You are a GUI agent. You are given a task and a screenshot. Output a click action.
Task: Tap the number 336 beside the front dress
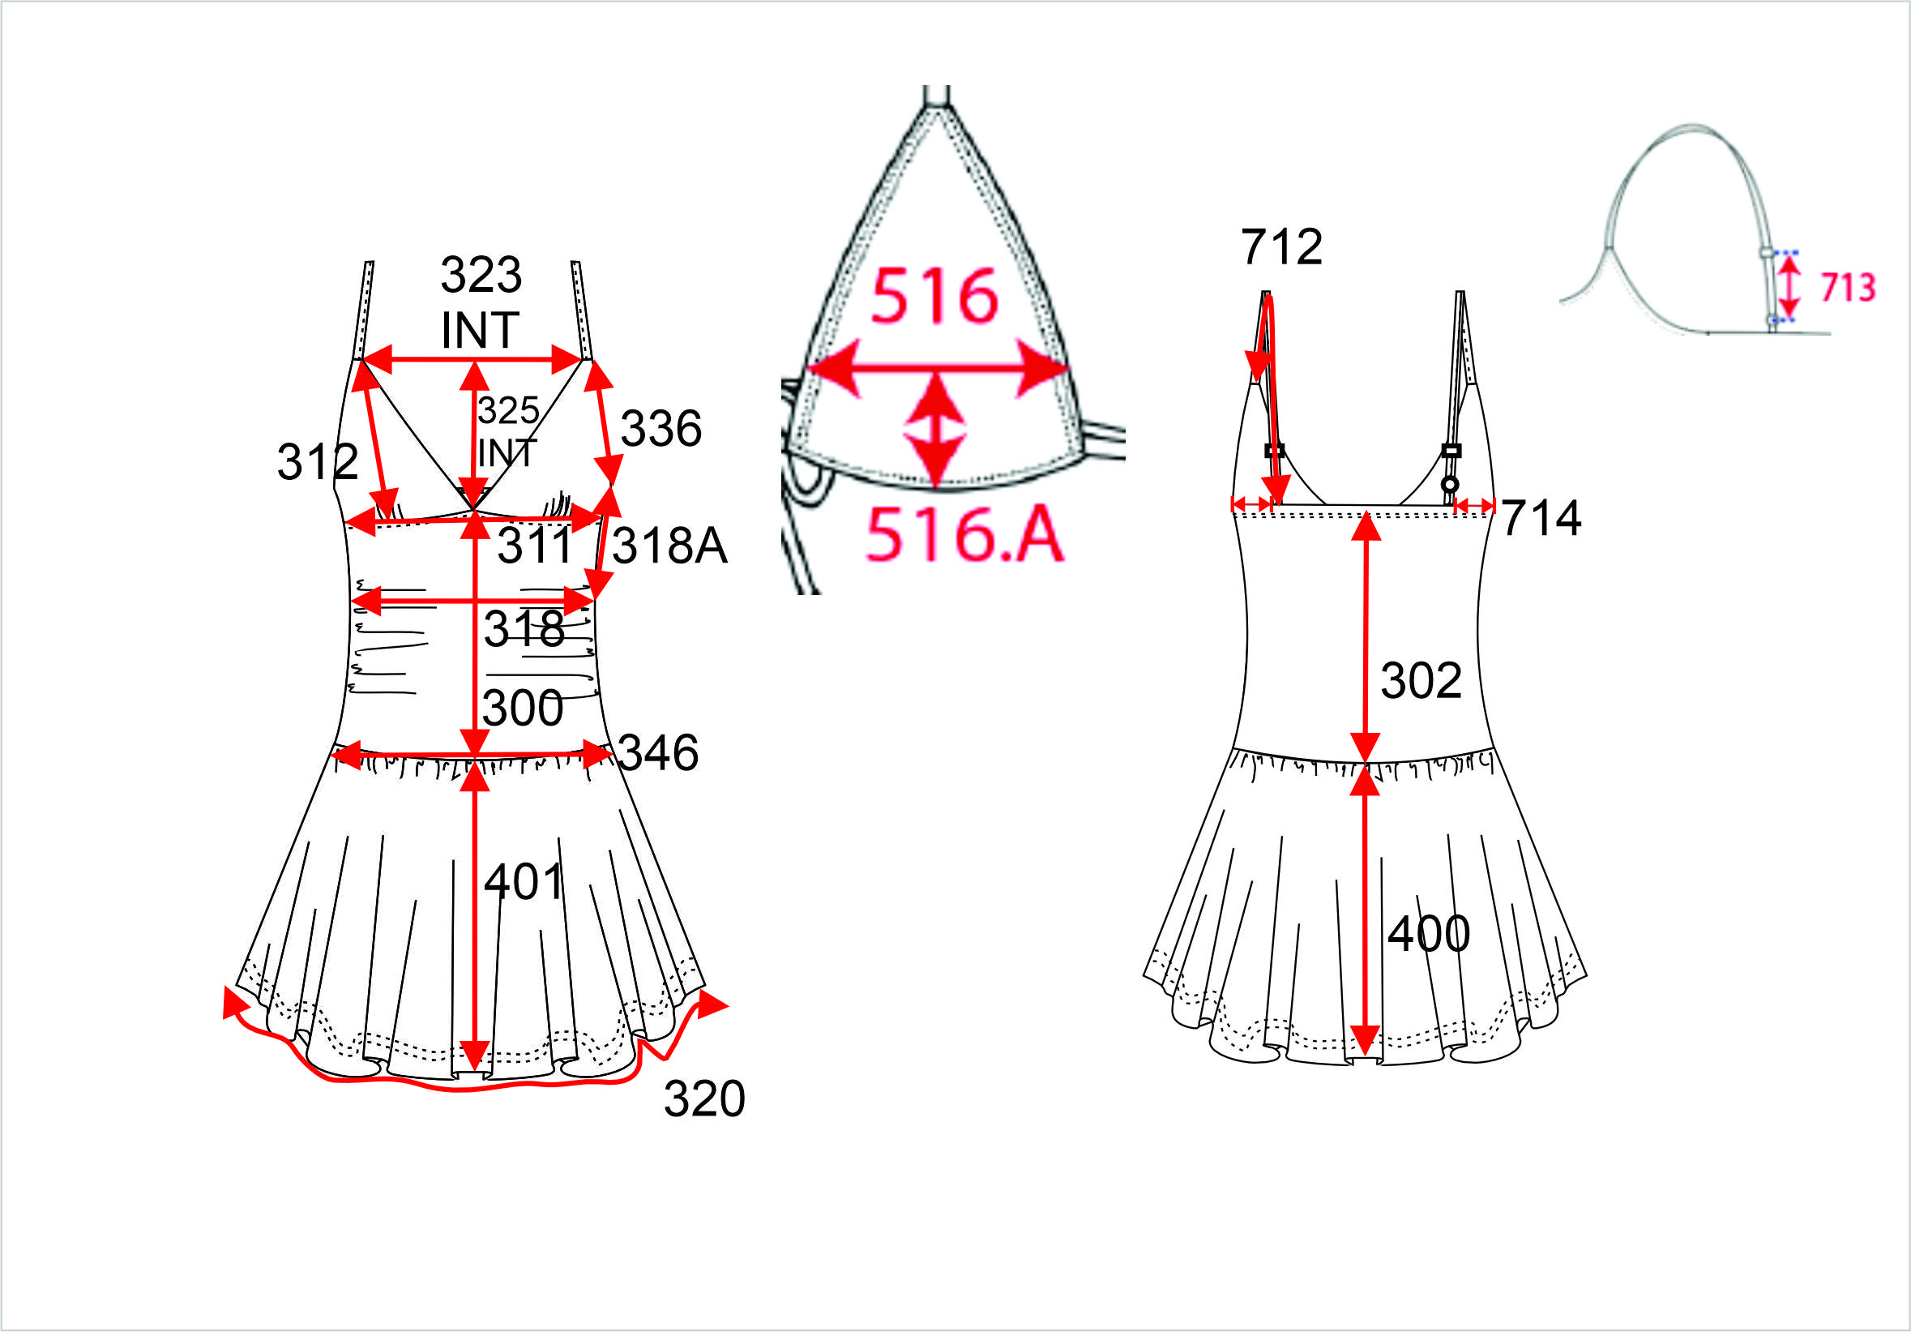[x=661, y=429]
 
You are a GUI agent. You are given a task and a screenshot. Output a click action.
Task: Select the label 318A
[x=670, y=546]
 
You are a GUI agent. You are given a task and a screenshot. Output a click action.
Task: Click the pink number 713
[x=1848, y=287]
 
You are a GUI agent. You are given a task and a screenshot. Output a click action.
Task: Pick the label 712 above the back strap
[x=1282, y=246]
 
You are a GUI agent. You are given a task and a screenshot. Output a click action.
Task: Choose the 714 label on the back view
[x=1541, y=518]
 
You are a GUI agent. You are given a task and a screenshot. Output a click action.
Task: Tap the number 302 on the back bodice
[x=1421, y=680]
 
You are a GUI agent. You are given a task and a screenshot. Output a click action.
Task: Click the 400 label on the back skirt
[x=1429, y=933]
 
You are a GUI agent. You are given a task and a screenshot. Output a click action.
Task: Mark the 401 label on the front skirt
[x=524, y=880]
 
